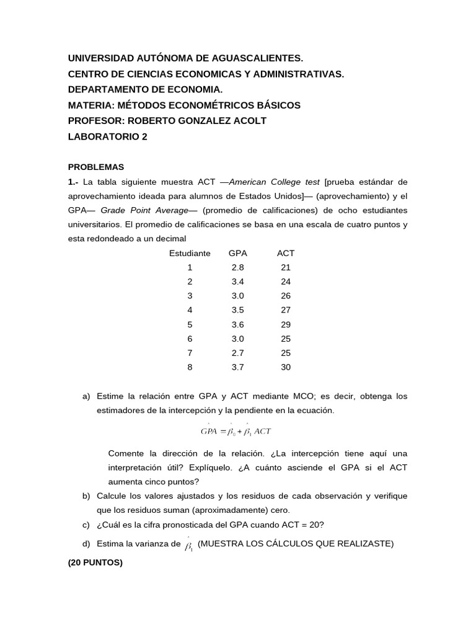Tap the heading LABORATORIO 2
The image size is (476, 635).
[108, 136]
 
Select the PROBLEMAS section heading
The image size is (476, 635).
[96, 167]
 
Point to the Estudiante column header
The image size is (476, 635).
[190, 253]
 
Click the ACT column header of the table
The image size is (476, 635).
[286, 253]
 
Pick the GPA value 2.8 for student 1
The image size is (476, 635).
[238, 267]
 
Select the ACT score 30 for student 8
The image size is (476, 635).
[286, 367]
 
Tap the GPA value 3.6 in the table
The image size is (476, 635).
[238, 324]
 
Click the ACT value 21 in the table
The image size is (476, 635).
[286, 267]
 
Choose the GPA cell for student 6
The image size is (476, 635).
[238, 339]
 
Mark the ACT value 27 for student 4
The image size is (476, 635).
[286, 310]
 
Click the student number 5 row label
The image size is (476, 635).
[190, 324]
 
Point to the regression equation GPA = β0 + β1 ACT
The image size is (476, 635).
[235, 431]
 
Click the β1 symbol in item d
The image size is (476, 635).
[189, 546]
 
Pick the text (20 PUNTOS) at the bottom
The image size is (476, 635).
[95, 563]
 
